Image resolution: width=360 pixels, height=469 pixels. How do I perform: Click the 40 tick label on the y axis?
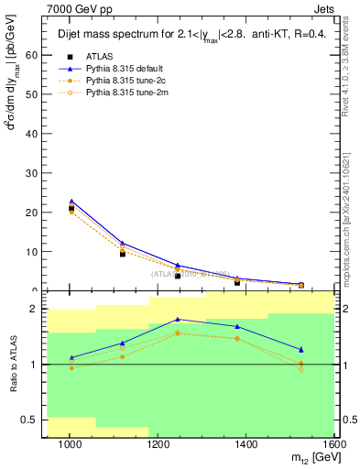click(33, 134)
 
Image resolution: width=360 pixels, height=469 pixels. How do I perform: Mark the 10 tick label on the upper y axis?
click(33, 252)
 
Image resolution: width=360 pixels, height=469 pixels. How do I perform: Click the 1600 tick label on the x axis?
click(334, 446)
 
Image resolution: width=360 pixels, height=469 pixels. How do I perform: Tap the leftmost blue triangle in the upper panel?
click(71, 202)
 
